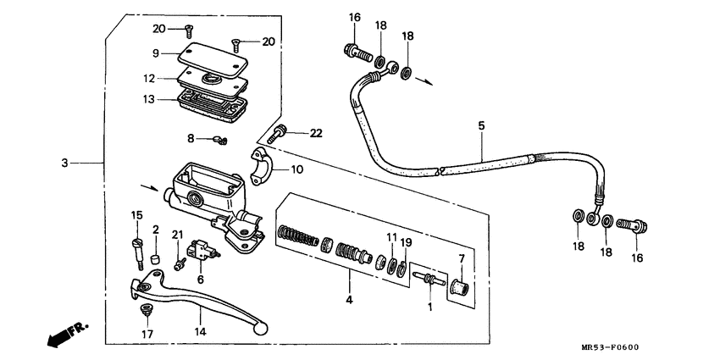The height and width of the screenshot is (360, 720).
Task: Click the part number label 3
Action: [64, 163]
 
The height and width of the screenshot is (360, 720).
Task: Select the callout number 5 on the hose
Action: [481, 126]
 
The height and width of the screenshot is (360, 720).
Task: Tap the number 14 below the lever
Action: [199, 331]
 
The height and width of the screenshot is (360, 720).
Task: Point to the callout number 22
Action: [315, 133]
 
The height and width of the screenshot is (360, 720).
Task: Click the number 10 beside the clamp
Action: [296, 169]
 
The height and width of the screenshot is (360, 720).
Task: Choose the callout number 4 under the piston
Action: [347, 299]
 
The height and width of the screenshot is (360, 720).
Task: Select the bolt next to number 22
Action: [279, 133]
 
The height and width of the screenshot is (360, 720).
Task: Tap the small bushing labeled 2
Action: [155, 258]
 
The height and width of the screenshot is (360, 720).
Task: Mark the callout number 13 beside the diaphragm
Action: [149, 98]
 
